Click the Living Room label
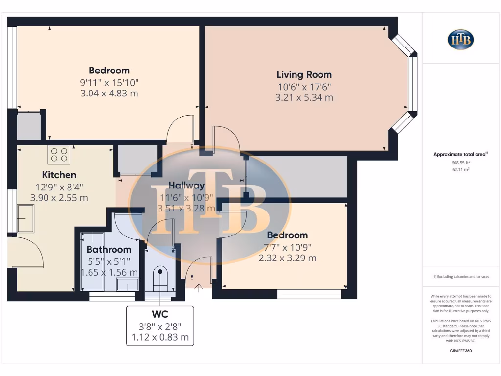(x=304, y=75)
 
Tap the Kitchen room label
(x=59, y=175)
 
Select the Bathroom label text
(x=109, y=250)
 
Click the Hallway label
(x=186, y=186)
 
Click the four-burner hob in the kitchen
(x=59, y=155)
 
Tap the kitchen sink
(x=25, y=218)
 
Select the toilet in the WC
(x=160, y=279)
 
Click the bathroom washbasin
(x=127, y=285)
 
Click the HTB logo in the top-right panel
(x=460, y=40)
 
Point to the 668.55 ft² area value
(x=460, y=162)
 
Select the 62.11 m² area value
(x=460, y=169)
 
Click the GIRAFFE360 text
(x=460, y=351)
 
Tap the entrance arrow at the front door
(x=199, y=288)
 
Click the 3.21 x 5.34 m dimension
(x=304, y=97)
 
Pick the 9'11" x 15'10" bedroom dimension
(x=109, y=82)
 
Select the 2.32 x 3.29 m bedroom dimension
(x=287, y=258)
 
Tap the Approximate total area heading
(x=460, y=154)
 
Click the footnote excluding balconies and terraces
(x=460, y=277)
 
